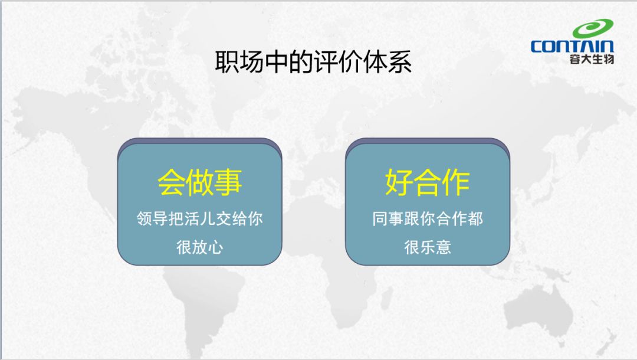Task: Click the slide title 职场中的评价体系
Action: [313, 62]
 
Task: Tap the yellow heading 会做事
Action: [199, 182]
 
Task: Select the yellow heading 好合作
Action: [428, 182]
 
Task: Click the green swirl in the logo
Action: [593, 29]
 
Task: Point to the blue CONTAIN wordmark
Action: [572, 46]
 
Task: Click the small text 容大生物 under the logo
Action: [592, 59]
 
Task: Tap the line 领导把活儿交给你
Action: [199, 218]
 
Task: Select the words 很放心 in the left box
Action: [199, 247]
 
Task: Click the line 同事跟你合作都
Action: [428, 218]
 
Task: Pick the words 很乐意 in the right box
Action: [428, 247]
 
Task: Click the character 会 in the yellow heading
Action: [171, 182]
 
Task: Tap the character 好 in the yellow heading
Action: [399, 182]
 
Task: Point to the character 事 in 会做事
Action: [228, 182]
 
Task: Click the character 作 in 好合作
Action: [456, 182]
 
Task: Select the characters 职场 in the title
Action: [239, 62]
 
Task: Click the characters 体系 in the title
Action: [388, 62]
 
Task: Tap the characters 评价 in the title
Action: [338, 62]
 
